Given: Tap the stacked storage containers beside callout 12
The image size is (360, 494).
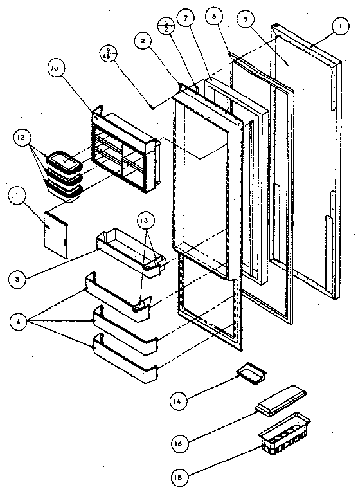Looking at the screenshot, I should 65,172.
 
